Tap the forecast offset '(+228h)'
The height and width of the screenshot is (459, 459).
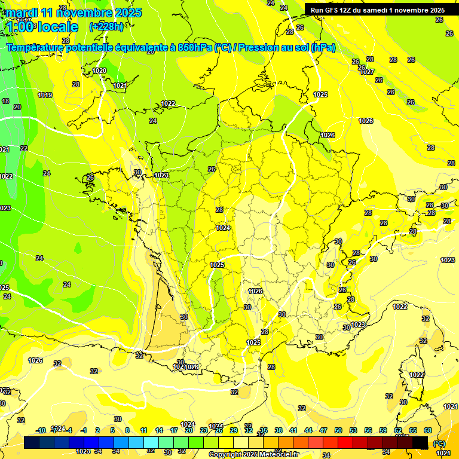[x=106, y=26]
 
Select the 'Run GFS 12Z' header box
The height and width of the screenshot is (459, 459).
[x=377, y=10]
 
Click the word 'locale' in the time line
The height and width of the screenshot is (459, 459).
[x=57, y=27]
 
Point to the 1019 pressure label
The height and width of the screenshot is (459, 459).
[x=45, y=95]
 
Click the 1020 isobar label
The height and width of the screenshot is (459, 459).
[x=99, y=71]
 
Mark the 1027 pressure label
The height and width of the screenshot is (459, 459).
[x=367, y=72]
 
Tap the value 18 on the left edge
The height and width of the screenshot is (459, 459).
[x=5, y=102]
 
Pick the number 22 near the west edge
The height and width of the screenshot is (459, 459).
[x=24, y=148]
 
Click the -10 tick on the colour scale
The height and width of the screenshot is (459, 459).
[x=41, y=430]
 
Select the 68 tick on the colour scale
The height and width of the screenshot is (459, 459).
[x=428, y=430]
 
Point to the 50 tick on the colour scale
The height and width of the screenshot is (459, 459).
[x=338, y=430]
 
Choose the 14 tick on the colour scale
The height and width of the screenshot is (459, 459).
[x=159, y=430]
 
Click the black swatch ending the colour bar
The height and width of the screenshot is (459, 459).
[x=421, y=442]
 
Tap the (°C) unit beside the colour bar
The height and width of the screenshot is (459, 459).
[x=439, y=443]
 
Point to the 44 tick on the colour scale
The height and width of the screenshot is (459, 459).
[x=308, y=430]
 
